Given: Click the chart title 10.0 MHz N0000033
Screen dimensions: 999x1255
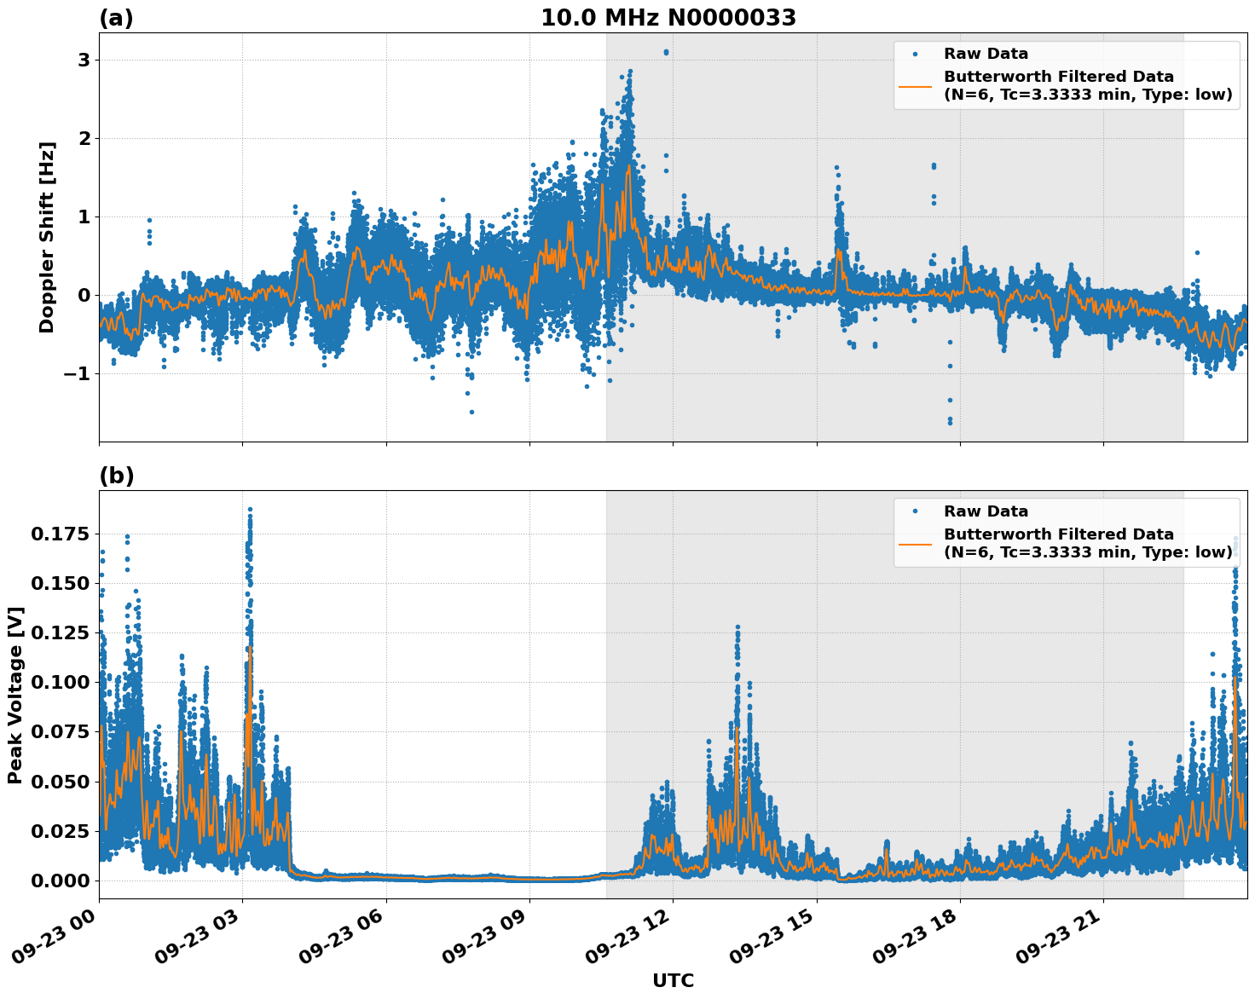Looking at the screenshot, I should coord(668,18).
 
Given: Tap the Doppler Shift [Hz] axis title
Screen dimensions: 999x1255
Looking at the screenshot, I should coord(47,237).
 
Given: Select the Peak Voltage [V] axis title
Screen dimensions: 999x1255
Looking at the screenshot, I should coord(15,695).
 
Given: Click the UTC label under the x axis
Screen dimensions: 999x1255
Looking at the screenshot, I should coord(673,980).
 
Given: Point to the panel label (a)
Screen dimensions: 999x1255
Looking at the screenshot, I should coord(116,18).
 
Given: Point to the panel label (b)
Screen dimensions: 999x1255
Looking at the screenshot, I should coord(116,476).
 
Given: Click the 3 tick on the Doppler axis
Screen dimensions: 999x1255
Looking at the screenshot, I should coord(84,60).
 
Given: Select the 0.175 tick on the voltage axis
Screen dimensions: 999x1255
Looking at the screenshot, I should coord(61,534).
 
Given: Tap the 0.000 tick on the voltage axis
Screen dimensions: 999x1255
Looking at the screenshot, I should coord(61,881).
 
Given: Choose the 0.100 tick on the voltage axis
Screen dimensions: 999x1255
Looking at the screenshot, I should coord(61,682).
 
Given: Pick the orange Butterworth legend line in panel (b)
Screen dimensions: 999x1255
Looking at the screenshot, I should coord(916,543).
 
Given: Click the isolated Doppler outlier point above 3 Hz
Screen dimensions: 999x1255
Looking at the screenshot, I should coord(666,52).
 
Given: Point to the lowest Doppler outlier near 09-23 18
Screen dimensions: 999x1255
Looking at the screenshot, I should coord(950,422).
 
